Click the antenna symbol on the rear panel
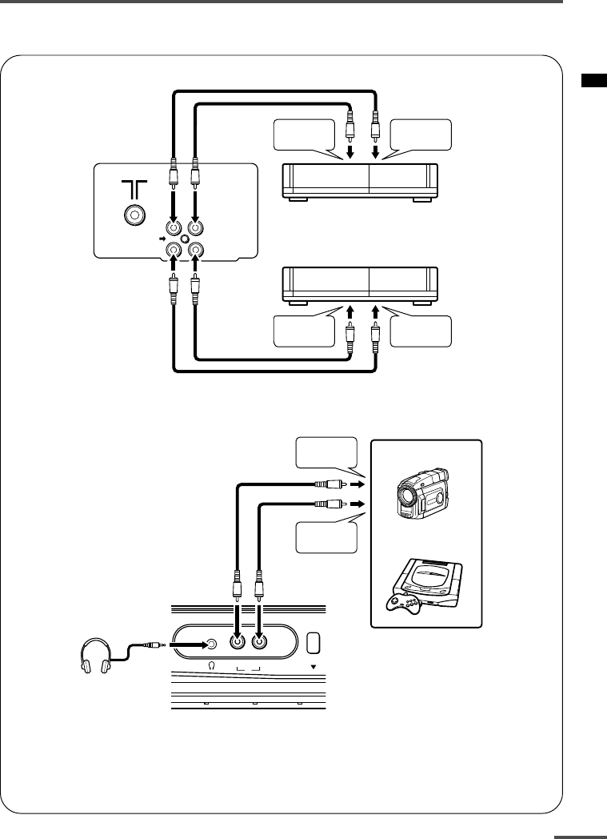click(x=133, y=188)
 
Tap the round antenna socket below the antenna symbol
click(x=133, y=215)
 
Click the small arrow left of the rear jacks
click(x=162, y=239)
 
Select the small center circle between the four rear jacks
click(x=186, y=239)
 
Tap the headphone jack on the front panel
click(x=211, y=642)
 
